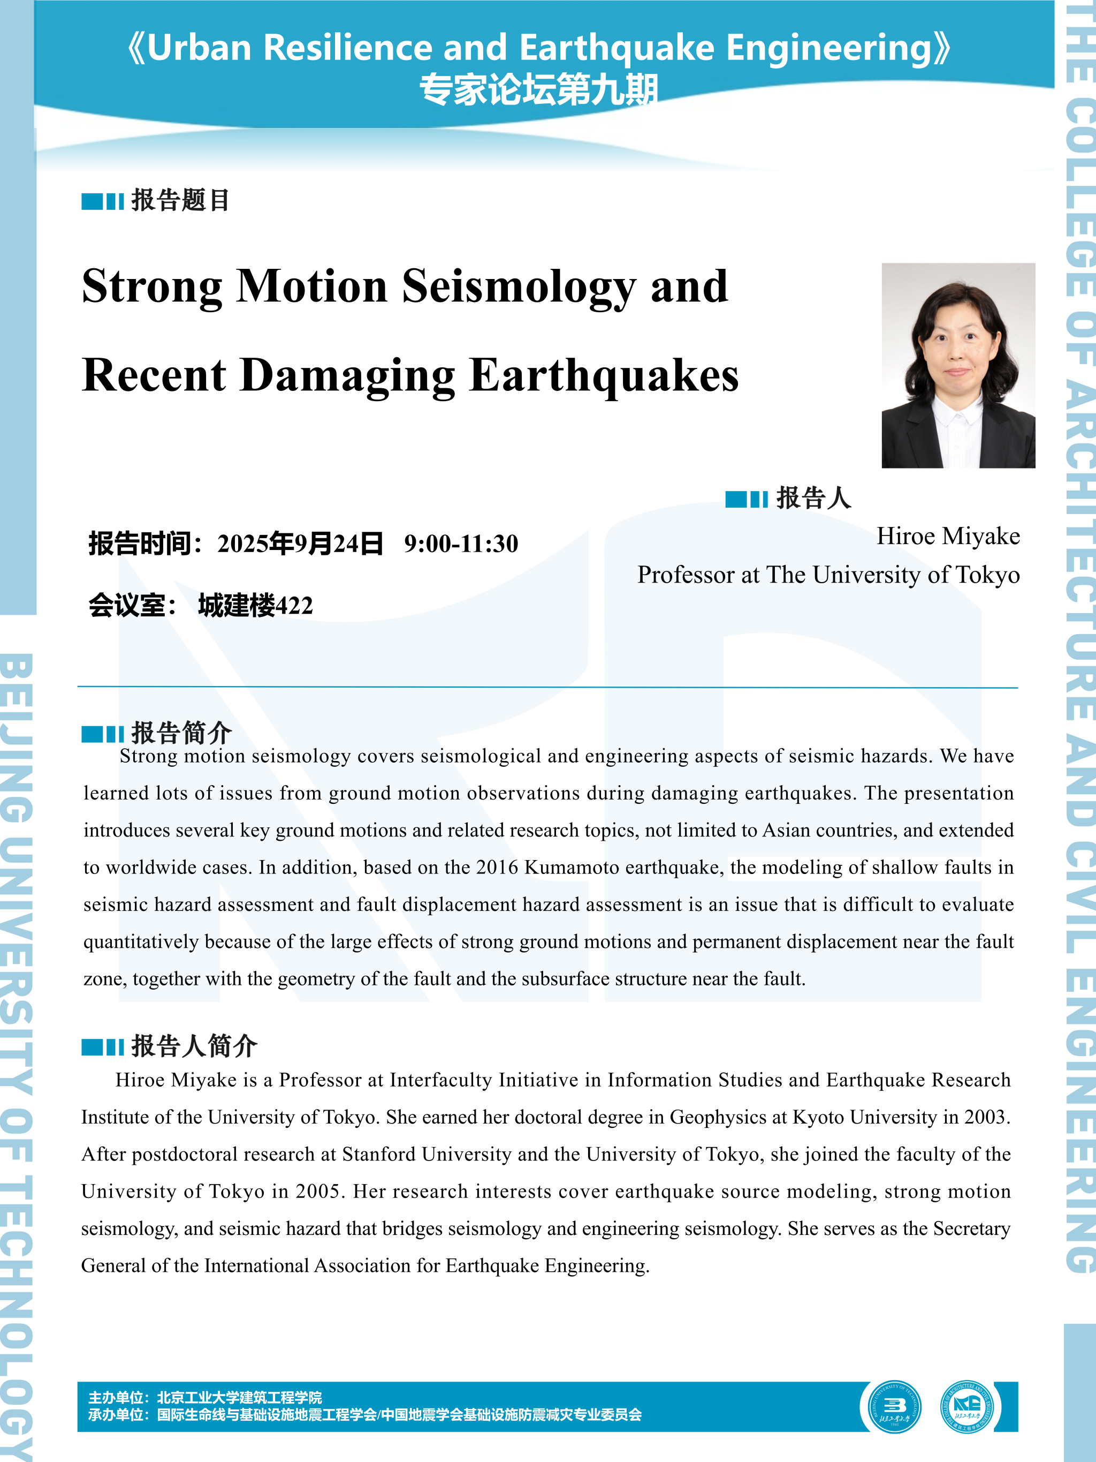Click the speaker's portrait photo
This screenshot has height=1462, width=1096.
click(958, 365)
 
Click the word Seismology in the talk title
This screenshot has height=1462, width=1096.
click(518, 287)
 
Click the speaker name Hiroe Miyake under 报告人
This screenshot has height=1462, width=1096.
click(947, 536)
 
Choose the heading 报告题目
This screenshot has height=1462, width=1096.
click(180, 200)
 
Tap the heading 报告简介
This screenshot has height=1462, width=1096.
click(181, 732)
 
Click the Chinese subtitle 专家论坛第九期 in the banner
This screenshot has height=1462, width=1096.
click(539, 90)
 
